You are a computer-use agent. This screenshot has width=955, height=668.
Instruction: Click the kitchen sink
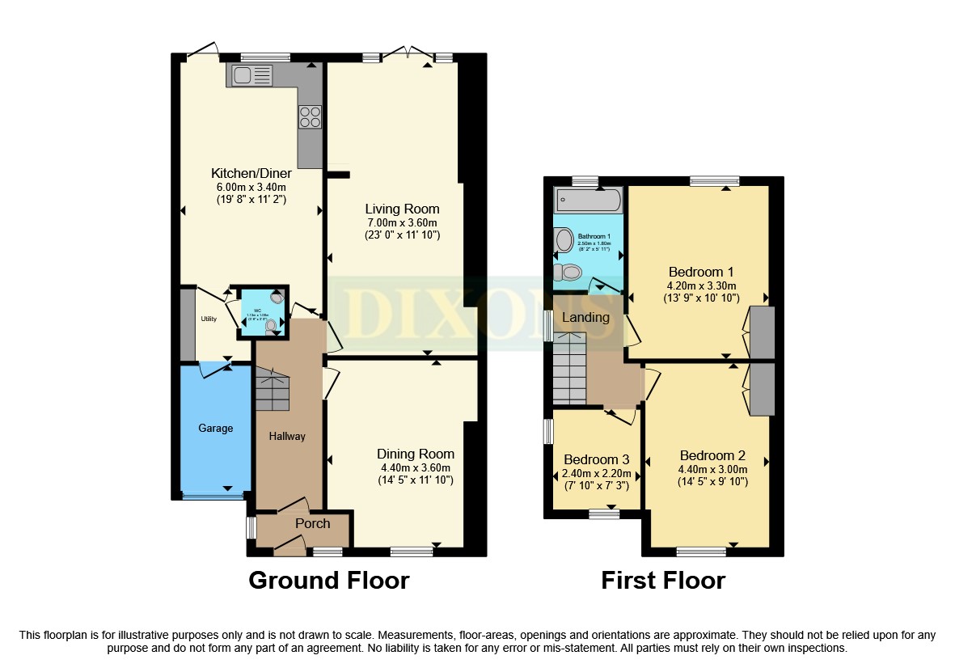point(252,76)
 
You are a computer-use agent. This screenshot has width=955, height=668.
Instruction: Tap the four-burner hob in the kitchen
point(310,117)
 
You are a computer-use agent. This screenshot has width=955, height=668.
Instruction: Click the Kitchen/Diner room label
point(251,173)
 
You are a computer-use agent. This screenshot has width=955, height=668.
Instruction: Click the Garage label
point(216,428)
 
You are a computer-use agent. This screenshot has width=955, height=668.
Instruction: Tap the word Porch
point(312,523)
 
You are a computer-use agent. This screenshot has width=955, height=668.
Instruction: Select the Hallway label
point(287,436)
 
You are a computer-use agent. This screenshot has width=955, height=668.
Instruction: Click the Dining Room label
point(416,454)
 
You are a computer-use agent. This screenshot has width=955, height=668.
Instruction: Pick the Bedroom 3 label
point(596,459)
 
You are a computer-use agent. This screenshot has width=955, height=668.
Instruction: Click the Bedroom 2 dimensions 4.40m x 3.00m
point(712,469)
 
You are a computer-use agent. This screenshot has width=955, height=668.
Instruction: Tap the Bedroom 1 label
point(701,271)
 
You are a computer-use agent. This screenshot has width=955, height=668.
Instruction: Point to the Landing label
point(585,317)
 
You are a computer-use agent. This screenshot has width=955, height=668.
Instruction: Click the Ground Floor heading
point(328,581)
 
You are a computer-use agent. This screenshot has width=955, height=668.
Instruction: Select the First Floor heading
point(663,581)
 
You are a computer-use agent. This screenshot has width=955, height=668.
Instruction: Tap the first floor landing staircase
point(569,371)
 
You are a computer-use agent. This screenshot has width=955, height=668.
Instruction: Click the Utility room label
point(209,319)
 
